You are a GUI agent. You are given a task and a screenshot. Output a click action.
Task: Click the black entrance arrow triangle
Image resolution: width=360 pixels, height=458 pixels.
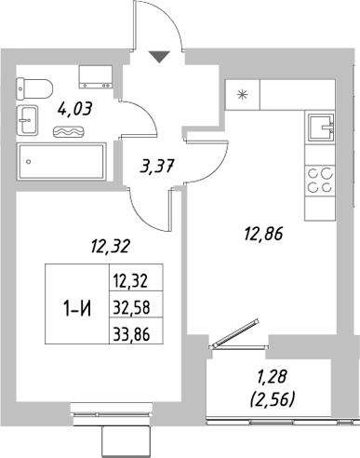pyautogui.click(x=161, y=57)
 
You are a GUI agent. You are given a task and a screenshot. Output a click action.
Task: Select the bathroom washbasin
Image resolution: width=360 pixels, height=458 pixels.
pyautogui.click(x=28, y=118)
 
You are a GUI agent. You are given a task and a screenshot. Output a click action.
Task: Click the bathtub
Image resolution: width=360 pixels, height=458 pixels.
pyautogui.click(x=62, y=162)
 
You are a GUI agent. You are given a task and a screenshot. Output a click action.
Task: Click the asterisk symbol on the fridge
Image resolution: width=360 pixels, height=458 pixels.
pyautogui.click(x=244, y=94)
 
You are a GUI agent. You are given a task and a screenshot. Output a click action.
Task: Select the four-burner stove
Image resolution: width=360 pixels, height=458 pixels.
pyautogui.click(x=322, y=179)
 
